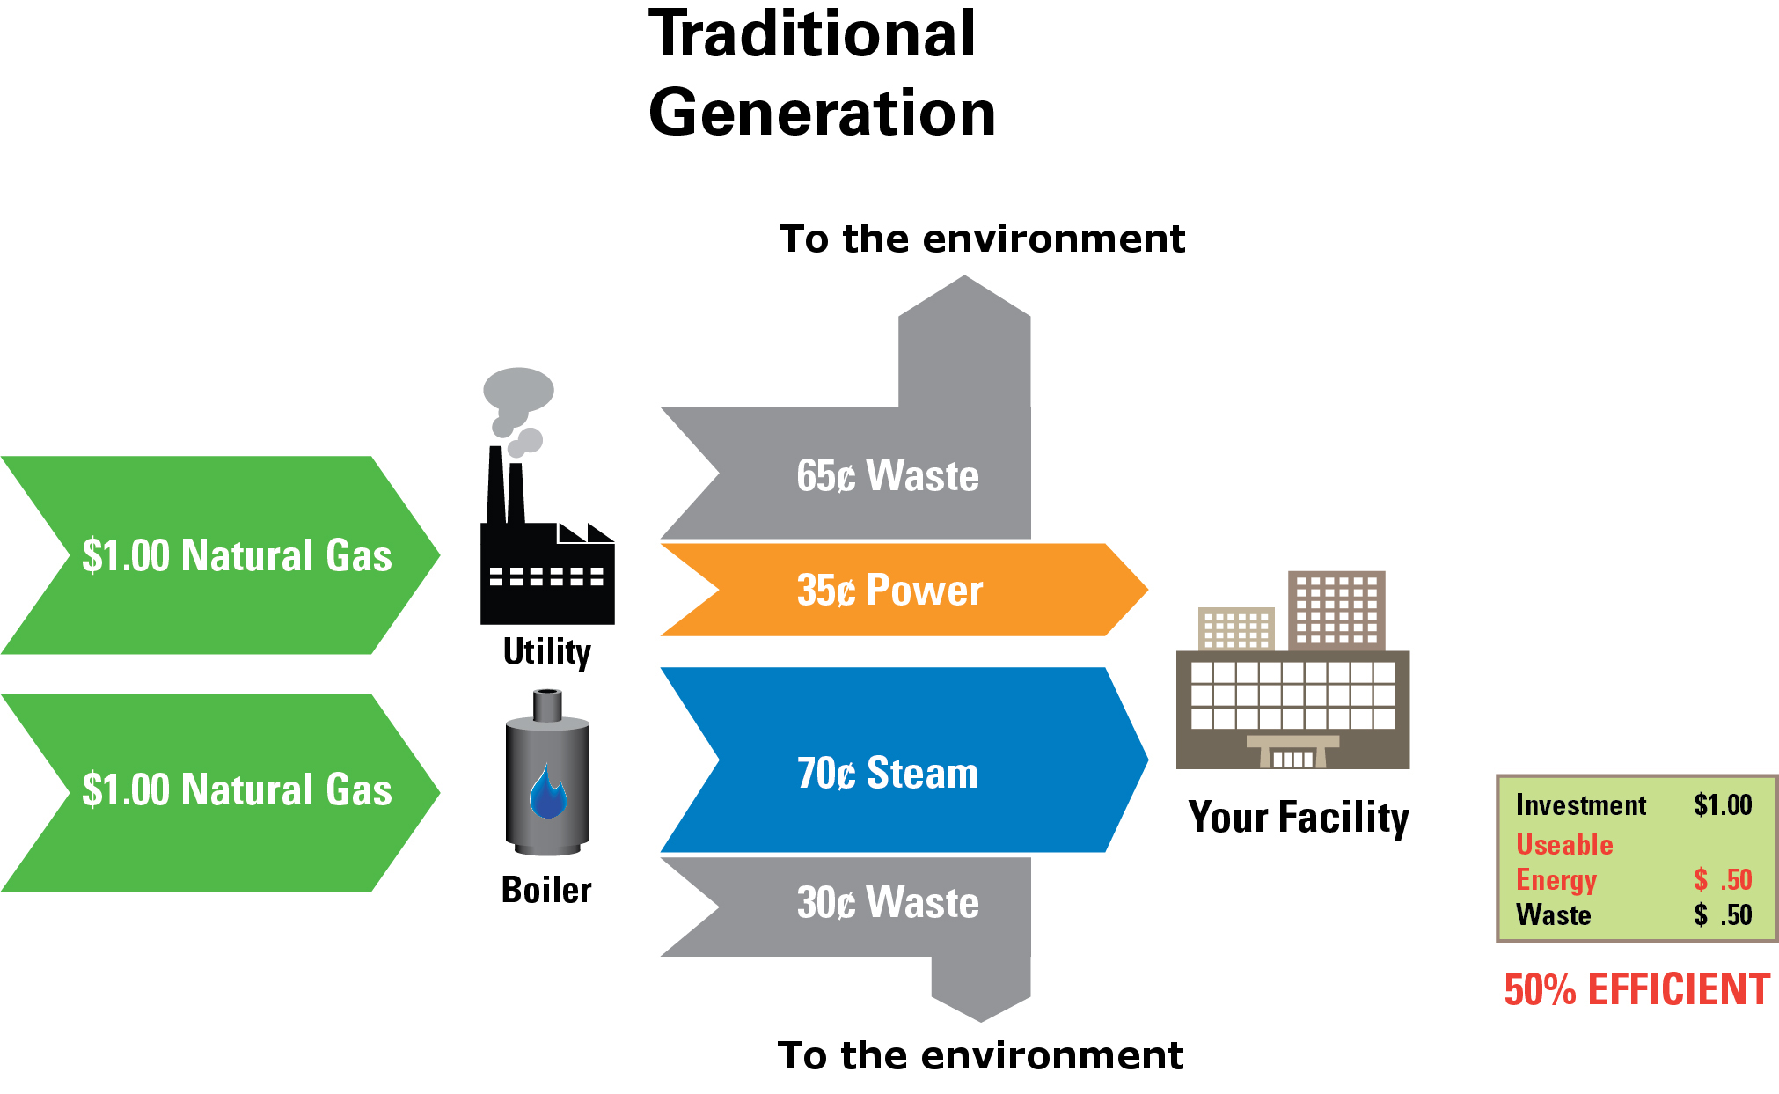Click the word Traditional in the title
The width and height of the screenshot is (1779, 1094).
pyautogui.click(x=812, y=35)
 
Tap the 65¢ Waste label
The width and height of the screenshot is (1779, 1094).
pyautogui.click(x=887, y=476)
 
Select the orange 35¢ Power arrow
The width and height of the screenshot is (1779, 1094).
pyautogui.click(x=889, y=591)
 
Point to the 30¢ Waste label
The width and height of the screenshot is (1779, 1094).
pyautogui.click(x=887, y=903)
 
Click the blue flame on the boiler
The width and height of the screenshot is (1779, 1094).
pyautogui.click(x=547, y=793)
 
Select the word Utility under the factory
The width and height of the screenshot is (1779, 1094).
pyautogui.click(x=546, y=652)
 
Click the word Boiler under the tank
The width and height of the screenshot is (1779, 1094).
pyautogui.click(x=546, y=891)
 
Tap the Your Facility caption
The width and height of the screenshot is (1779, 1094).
pyautogui.click(x=1298, y=818)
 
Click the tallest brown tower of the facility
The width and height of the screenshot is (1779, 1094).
pyautogui.click(x=1336, y=610)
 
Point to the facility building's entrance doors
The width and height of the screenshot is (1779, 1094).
pyautogui.click(x=1293, y=758)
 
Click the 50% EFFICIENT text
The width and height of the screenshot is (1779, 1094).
pyautogui.click(x=1636, y=990)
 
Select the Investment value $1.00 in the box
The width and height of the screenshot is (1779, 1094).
pyautogui.click(x=1723, y=804)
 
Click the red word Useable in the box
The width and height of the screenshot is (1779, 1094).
pyautogui.click(x=1564, y=845)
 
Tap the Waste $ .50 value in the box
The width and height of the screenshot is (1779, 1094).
pyautogui.click(x=1723, y=915)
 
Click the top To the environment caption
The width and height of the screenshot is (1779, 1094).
pyautogui.click(x=982, y=239)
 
